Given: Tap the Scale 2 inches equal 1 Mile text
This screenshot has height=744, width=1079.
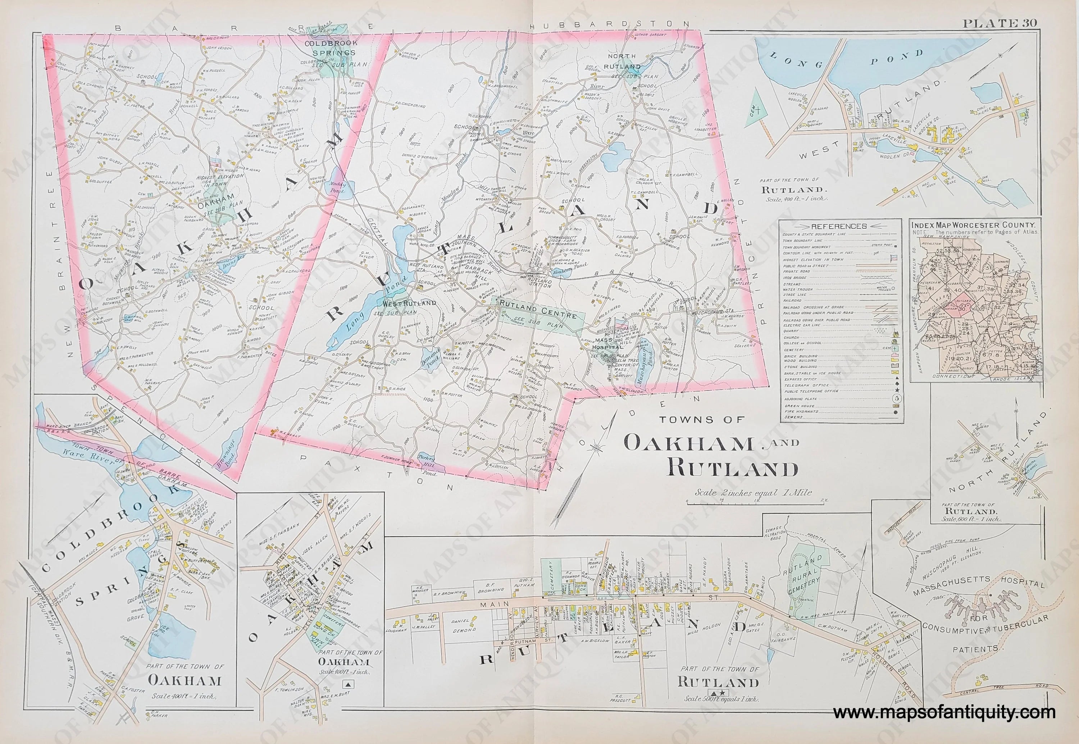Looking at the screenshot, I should pyautogui.click(x=753, y=492).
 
